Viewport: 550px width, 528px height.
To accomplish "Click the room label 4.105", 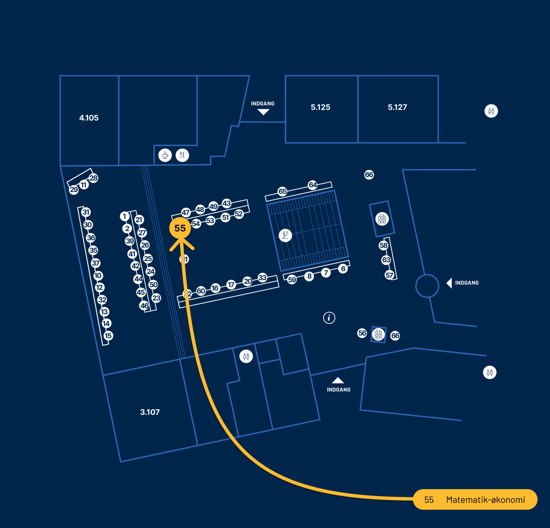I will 89,118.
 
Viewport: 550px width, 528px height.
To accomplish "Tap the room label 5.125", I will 321,107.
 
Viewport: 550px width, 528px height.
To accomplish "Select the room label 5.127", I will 398,107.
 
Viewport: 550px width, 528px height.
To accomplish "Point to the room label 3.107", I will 150,412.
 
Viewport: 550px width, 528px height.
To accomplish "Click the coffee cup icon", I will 165,155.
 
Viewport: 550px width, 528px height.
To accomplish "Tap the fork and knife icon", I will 182,155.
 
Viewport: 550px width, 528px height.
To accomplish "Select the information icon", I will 329,317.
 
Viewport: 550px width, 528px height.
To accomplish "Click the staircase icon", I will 285,235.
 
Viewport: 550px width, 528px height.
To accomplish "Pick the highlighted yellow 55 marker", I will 180,228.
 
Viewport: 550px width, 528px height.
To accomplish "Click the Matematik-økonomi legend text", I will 486,500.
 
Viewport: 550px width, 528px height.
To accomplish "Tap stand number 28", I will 94,178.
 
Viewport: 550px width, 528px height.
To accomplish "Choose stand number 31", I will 86,212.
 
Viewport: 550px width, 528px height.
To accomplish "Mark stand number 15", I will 108,336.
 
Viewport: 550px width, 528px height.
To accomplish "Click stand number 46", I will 144,306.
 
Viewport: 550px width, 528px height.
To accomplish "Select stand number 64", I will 313,185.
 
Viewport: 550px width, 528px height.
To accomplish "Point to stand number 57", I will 389,275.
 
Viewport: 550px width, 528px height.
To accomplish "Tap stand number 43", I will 227,203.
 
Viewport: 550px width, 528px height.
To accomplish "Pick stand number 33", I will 263,277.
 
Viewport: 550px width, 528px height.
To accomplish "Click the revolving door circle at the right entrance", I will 427,286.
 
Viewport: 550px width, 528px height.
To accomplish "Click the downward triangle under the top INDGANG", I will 263,112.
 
